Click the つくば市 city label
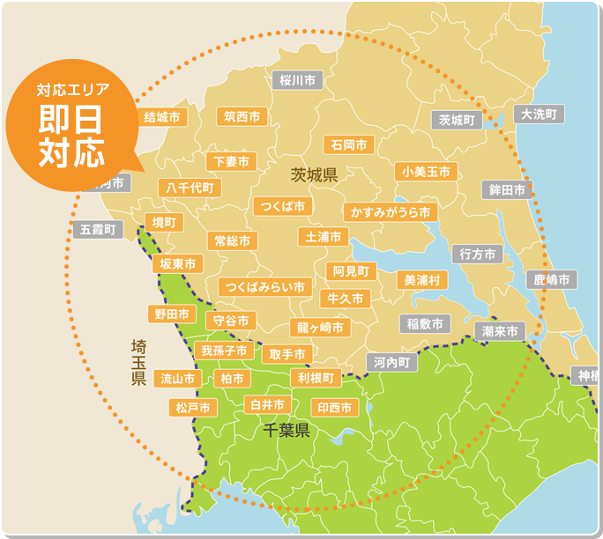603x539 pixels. [x=282, y=206]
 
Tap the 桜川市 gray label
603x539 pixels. [x=297, y=80]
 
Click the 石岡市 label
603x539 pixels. [x=348, y=144]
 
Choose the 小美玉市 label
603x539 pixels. [x=426, y=172]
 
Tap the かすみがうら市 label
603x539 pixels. [x=391, y=212]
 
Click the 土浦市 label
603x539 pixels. [x=324, y=237]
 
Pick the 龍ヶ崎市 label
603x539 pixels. [x=319, y=327]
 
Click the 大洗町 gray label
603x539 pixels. [x=539, y=114]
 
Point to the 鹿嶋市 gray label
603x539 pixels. [x=553, y=280]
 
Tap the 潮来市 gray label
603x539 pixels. [x=500, y=331]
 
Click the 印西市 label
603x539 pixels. [x=335, y=408]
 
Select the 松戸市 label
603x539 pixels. [x=193, y=408]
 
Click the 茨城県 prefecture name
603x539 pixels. [x=314, y=175]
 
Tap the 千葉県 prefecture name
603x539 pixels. [x=287, y=431]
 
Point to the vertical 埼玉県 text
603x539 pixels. [x=138, y=361]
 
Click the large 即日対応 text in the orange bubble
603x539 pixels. [x=71, y=135]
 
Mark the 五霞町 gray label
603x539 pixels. [x=98, y=230]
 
